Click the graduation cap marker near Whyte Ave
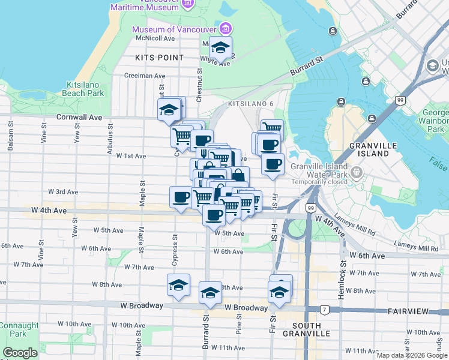[x=221, y=49]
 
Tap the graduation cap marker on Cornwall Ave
[x=169, y=110]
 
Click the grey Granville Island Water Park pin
[x=357, y=173]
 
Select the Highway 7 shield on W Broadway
[x=325, y=310]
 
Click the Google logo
[x=20, y=353]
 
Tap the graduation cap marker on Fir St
[x=279, y=292]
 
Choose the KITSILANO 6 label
[x=250, y=104]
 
